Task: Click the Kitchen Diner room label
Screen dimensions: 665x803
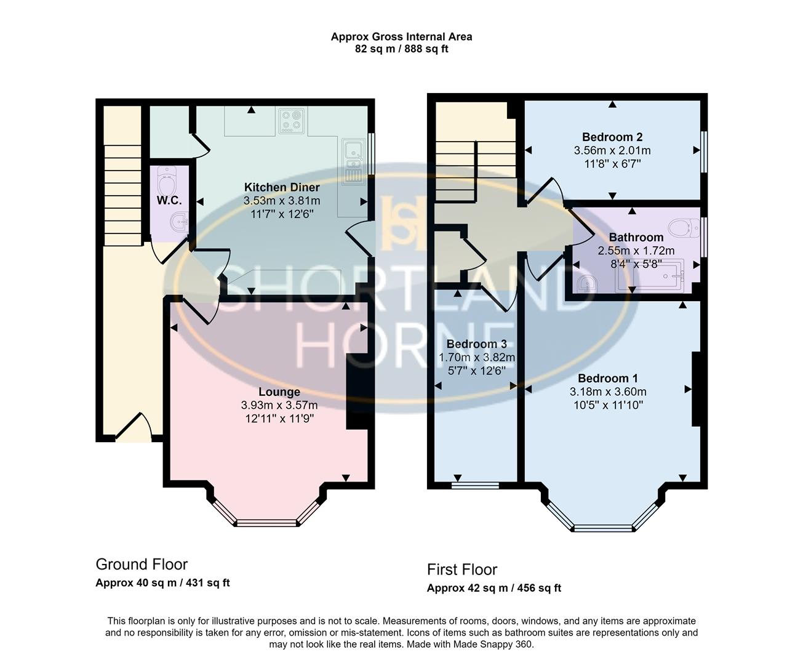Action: (282, 187)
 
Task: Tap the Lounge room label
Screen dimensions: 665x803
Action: (279, 392)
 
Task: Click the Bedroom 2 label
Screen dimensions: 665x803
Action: (612, 137)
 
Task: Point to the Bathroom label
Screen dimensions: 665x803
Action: (636, 237)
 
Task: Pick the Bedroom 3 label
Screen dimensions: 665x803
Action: (476, 344)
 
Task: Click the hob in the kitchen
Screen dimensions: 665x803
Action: (292, 121)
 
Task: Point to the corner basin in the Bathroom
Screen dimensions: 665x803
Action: (587, 283)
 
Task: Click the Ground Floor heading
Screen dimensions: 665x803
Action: (142, 564)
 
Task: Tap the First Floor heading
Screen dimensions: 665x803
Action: (462, 570)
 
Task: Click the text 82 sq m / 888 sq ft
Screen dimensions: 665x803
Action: (401, 49)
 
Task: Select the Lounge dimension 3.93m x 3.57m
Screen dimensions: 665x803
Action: (279, 405)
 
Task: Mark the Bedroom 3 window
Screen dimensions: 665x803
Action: (475, 485)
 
